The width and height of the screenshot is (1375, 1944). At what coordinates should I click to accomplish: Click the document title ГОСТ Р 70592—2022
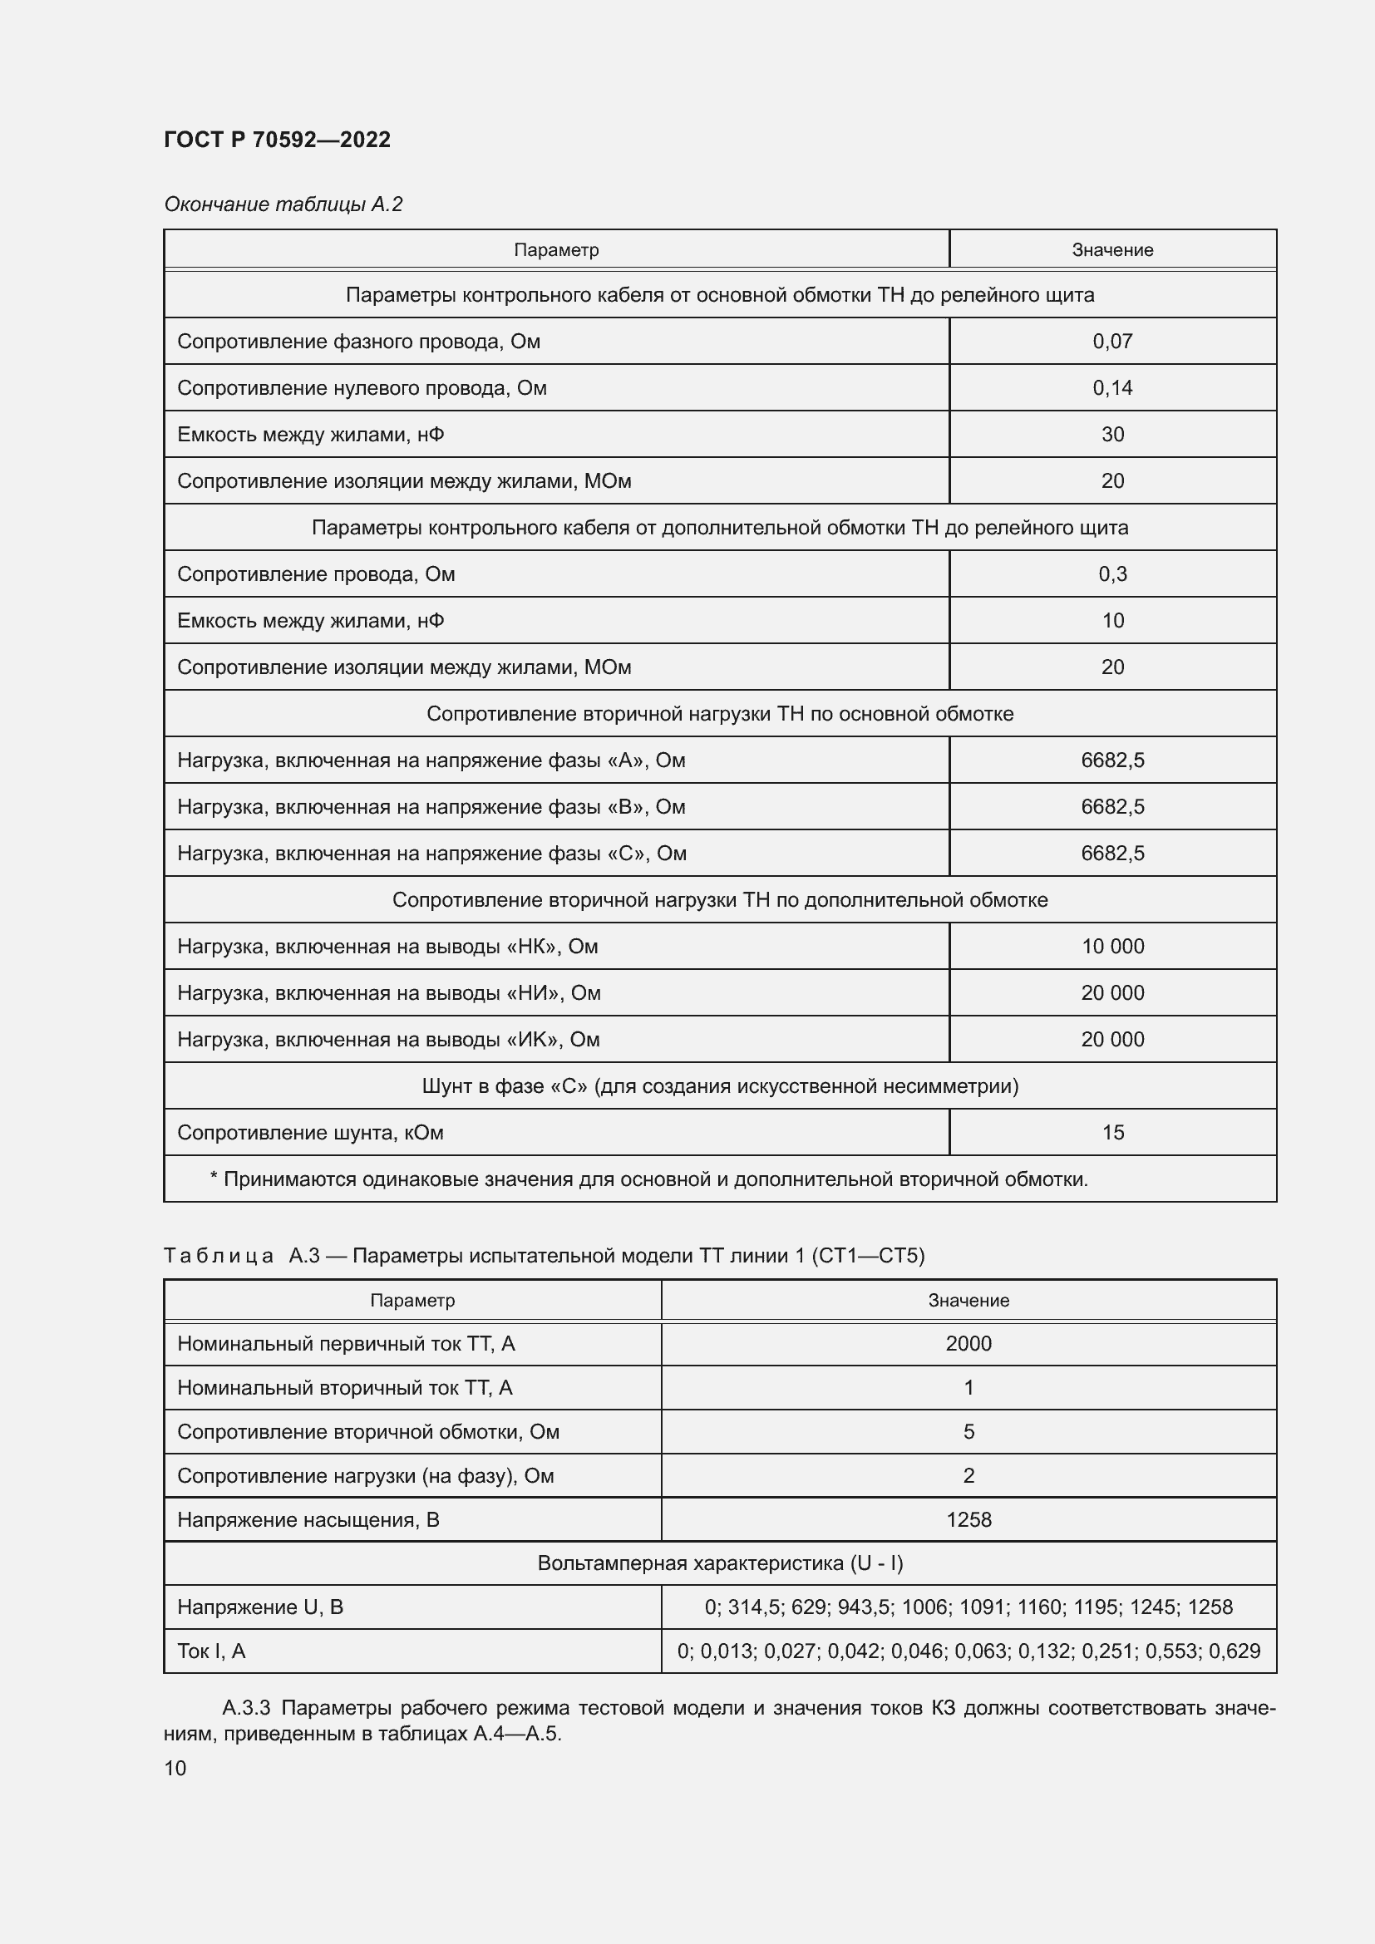coord(277,140)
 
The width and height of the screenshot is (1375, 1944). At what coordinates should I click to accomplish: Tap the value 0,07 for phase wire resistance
coord(1111,342)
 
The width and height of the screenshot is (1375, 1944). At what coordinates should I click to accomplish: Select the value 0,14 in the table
coord(1111,388)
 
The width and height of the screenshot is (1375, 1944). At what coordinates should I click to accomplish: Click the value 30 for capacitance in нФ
coord(1111,435)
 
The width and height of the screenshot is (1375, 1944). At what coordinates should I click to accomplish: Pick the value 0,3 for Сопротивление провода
coord(1111,574)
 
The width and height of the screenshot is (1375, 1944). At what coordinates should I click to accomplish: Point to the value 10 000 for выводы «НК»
coord(1111,947)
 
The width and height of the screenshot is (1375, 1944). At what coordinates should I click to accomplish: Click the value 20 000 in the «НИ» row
coord(1111,993)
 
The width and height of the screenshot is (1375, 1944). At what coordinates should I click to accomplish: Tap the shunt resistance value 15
coord(1111,1133)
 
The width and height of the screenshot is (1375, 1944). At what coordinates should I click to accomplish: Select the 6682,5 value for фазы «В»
coord(1111,807)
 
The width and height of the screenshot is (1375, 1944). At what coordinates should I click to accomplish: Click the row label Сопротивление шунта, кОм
coord(310,1133)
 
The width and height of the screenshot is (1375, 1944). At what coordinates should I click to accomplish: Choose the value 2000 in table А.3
coord(968,1344)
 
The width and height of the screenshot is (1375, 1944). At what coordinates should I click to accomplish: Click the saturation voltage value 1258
coord(968,1520)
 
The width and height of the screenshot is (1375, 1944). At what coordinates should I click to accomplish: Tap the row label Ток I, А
coord(211,1651)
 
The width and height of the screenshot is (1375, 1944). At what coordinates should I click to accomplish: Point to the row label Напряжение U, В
coord(260,1607)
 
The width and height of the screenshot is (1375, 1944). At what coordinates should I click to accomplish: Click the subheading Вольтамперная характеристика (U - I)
coord(720,1563)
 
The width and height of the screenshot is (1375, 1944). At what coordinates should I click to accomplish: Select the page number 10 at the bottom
coord(175,1768)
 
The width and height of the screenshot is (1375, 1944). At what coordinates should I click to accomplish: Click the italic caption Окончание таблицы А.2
coord(283,204)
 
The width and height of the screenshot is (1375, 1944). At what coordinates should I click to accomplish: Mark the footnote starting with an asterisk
coord(648,1179)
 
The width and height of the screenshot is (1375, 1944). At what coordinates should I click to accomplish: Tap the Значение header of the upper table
coord(1111,250)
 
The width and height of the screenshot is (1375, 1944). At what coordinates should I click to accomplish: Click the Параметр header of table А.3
coord(412,1301)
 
